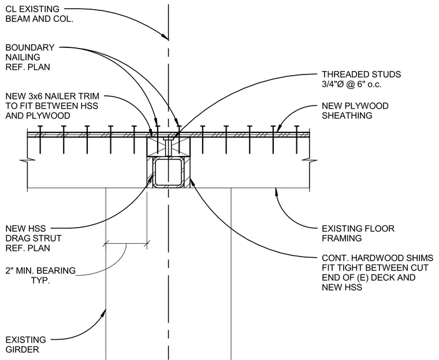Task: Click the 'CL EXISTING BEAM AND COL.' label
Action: coord(39,14)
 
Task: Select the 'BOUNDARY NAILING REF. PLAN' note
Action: coord(30,57)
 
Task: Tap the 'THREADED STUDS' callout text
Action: coord(361,74)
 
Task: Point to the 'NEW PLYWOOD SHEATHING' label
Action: coord(355,111)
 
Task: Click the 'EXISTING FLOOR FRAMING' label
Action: coord(358,233)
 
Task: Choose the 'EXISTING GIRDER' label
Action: coord(26,344)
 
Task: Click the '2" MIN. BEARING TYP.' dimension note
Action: coord(40,276)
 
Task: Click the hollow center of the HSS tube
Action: coord(168,172)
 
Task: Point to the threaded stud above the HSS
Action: coord(168,146)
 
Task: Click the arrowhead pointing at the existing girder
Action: coord(104,313)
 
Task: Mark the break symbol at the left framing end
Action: coord(28,161)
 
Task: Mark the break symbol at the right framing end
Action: coord(310,161)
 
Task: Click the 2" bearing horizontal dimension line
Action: coord(127,244)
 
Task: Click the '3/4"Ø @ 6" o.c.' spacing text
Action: coord(351,84)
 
